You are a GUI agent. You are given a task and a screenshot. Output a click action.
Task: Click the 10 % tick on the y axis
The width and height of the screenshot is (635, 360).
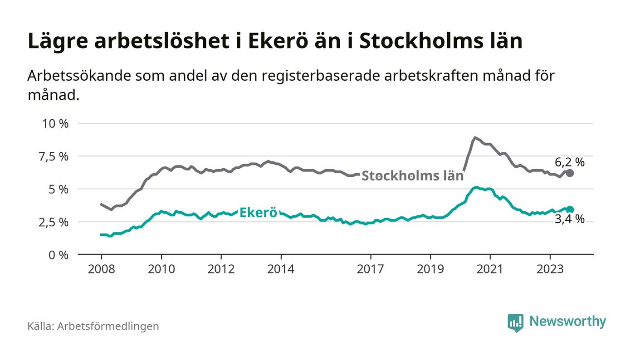click(x=55, y=123)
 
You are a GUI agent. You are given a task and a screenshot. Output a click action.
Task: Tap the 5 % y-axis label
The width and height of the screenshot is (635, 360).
click(x=59, y=189)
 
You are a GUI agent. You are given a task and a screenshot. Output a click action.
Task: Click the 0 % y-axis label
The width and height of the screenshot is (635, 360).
click(x=59, y=255)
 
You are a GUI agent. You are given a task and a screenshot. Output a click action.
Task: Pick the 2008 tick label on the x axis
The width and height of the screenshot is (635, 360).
click(x=101, y=269)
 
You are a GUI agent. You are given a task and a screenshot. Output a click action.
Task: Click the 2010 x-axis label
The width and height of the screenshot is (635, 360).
click(x=161, y=269)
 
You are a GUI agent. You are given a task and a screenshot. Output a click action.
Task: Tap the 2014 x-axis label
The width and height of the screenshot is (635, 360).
click(x=281, y=269)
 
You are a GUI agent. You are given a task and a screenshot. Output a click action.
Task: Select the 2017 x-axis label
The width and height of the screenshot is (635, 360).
click(x=371, y=269)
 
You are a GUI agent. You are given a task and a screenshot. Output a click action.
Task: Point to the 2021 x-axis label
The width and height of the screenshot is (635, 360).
click(x=490, y=269)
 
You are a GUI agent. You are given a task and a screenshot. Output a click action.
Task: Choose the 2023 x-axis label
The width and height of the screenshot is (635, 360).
click(x=550, y=269)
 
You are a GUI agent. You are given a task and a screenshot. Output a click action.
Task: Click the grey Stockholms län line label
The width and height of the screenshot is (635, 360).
click(x=413, y=175)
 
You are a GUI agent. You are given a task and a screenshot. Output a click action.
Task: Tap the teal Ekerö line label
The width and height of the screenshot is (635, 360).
click(x=258, y=212)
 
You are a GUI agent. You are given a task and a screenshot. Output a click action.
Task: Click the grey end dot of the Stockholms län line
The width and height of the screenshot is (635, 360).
click(x=570, y=173)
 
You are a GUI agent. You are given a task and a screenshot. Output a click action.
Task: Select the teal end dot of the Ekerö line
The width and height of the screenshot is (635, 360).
click(x=570, y=209)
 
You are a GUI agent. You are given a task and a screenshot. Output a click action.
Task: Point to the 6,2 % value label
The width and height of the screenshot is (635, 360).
click(x=570, y=162)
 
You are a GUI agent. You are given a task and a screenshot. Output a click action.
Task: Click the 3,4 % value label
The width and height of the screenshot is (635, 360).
click(x=570, y=220)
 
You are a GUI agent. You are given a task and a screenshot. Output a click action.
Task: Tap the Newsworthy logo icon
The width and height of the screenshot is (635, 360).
click(x=515, y=322)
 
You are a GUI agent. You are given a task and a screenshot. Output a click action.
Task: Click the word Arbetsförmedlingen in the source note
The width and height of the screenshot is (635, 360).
click(x=108, y=326)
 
